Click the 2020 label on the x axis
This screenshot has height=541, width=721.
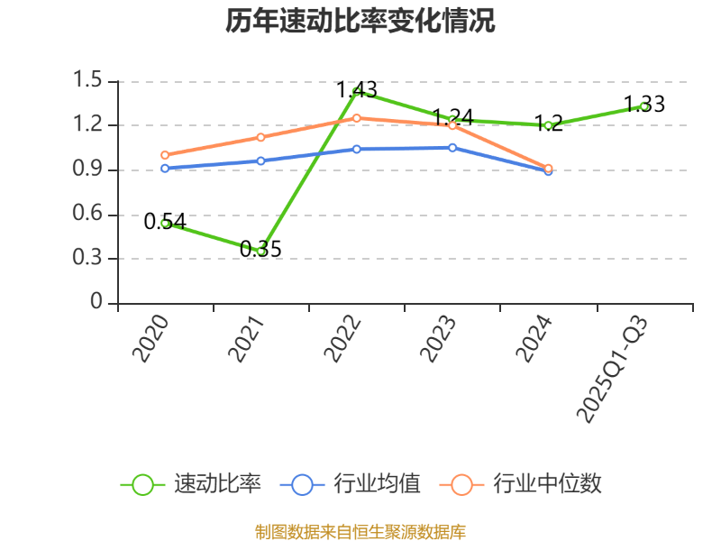(x=151, y=339)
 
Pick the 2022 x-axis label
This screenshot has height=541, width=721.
(x=343, y=339)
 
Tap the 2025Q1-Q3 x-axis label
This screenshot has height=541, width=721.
(x=613, y=368)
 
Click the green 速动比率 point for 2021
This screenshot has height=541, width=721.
(x=261, y=251)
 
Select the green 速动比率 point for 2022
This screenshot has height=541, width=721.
(x=357, y=91)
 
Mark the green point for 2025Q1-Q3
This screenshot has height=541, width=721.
(x=644, y=105)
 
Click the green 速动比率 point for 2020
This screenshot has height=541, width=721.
(x=165, y=223)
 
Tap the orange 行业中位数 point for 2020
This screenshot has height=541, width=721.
(x=165, y=155)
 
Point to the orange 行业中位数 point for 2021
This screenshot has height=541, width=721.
(x=260, y=137)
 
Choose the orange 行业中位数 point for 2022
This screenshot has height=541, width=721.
(x=357, y=118)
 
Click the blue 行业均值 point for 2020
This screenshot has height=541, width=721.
(x=165, y=169)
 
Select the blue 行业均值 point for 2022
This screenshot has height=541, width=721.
(x=357, y=149)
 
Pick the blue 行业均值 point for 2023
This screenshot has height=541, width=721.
(x=452, y=147)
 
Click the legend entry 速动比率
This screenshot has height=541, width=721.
(x=191, y=484)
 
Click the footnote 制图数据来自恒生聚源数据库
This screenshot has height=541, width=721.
(x=360, y=531)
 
